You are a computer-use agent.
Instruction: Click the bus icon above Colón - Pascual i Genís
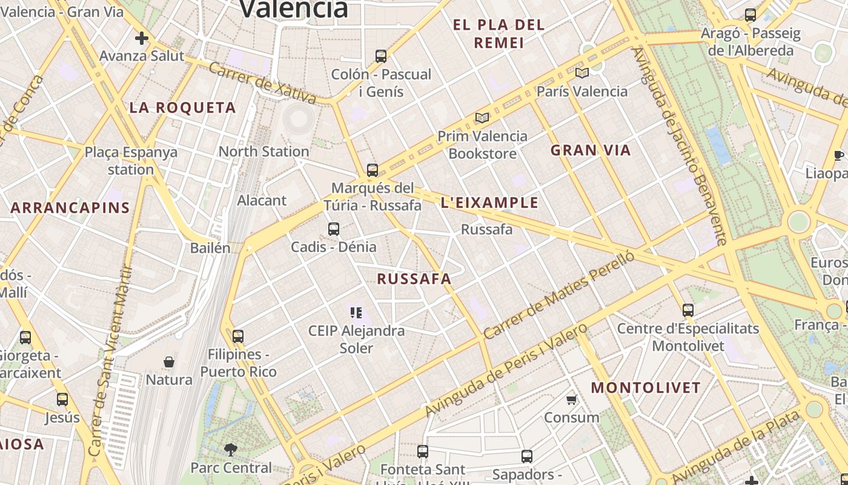(x=380, y=56)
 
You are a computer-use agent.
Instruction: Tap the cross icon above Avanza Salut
(x=141, y=38)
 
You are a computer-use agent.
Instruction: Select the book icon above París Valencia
(x=582, y=73)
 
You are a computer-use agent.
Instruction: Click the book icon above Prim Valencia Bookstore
(x=482, y=118)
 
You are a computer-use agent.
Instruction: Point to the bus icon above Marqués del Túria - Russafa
(x=373, y=170)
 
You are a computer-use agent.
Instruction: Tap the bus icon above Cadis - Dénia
(x=334, y=229)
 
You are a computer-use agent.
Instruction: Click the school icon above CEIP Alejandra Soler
(x=356, y=313)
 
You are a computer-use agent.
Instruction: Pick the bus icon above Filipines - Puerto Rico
(x=238, y=336)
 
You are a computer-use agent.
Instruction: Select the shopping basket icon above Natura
(x=169, y=362)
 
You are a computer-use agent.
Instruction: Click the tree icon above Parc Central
(x=231, y=449)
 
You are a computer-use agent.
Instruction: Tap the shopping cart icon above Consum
(x=571, y=400)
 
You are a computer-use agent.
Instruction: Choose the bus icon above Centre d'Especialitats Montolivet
(x=688, y=310)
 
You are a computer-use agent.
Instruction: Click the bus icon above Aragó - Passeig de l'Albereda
(x=750, y=15)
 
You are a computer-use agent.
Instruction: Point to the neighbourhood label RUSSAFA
(x=414, y=279)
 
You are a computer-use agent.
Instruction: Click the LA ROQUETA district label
(x=182, y=108)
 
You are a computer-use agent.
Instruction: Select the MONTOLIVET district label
(x=646, y=387)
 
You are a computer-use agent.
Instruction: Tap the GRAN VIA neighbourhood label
(x=591, y=150)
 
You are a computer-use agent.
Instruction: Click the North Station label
(x=263, y=152)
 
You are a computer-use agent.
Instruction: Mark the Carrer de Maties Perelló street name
(x=559, y=295)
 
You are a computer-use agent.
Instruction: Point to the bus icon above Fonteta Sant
(x=423, y=452)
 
